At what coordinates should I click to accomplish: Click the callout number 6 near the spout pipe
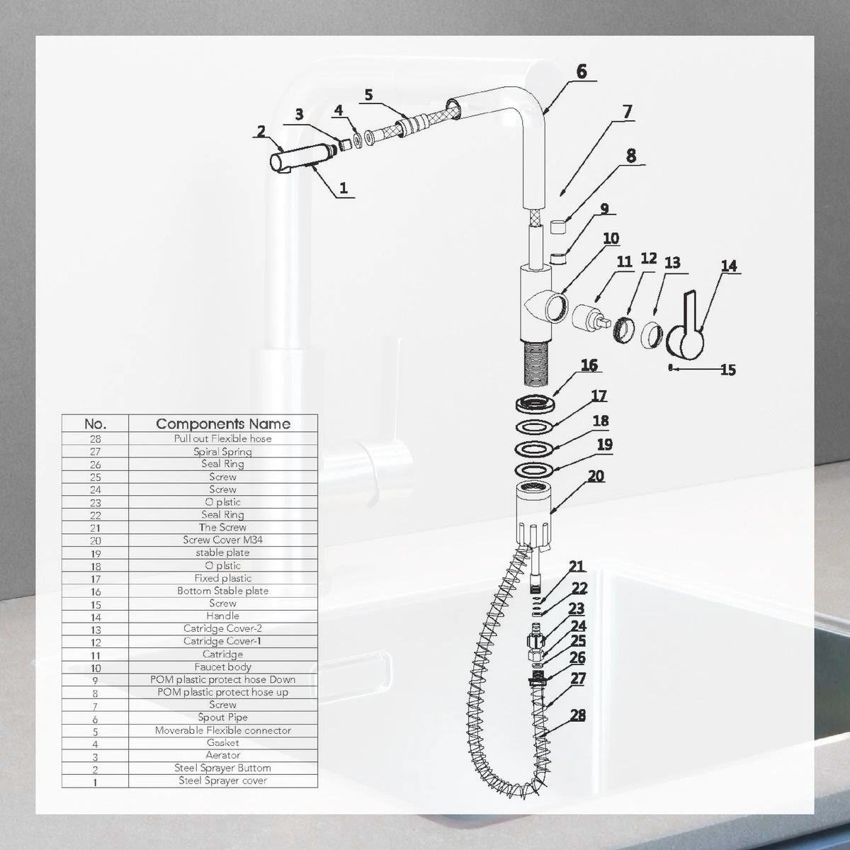pos(582,72)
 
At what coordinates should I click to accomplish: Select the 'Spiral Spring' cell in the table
pos(222,452)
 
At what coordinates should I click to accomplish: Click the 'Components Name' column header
pos(223,424)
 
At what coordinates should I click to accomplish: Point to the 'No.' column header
pos(96,424)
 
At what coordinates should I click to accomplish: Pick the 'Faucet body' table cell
pos(222,667)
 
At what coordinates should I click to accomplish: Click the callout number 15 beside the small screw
pos(728,370)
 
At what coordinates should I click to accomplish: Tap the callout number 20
pos(596,477)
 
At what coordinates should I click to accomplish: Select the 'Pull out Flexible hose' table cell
pos(222,438)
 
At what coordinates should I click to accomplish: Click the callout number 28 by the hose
pos(577,715)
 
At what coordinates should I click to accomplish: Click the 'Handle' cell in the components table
pos(222,616)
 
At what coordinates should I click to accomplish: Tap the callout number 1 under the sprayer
pos(344,188)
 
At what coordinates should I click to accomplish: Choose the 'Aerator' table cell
pos(222,755)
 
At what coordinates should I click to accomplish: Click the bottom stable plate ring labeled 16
pos(535,404)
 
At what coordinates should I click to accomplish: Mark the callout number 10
pos(611,239)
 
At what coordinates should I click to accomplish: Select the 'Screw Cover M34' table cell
pos(222,540)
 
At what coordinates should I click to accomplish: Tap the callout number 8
pos(631,156)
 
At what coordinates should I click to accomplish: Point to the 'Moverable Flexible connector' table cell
pos(222,730)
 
